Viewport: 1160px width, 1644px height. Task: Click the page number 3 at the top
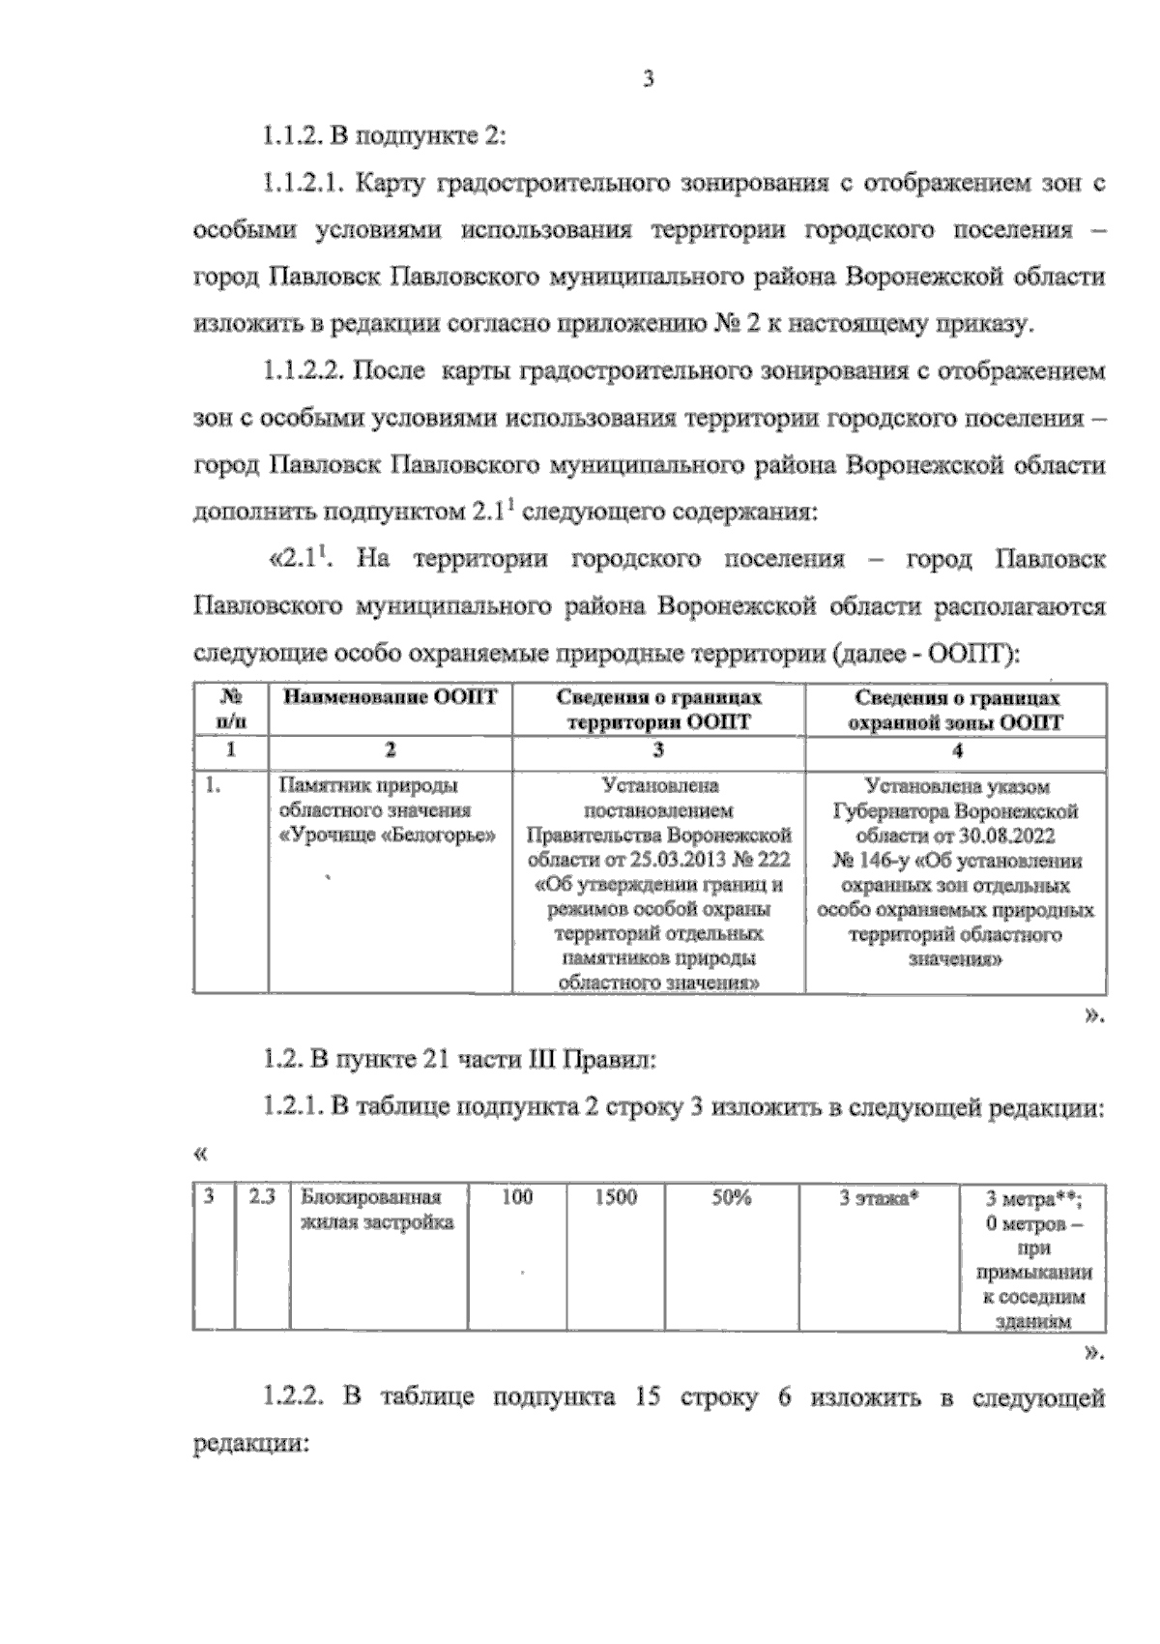pos(648,80)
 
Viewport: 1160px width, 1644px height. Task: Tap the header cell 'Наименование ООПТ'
pos(390,698)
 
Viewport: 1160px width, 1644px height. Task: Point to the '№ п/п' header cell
pos(230,710)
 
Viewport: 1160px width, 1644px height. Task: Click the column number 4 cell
pos(956,750)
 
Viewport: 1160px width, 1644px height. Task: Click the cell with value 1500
pos(616,1197)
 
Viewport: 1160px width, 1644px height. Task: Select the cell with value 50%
pos(732,1197)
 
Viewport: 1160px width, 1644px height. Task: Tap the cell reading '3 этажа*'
pos(878,1197)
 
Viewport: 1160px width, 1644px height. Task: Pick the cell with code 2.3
pos(262,1197)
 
